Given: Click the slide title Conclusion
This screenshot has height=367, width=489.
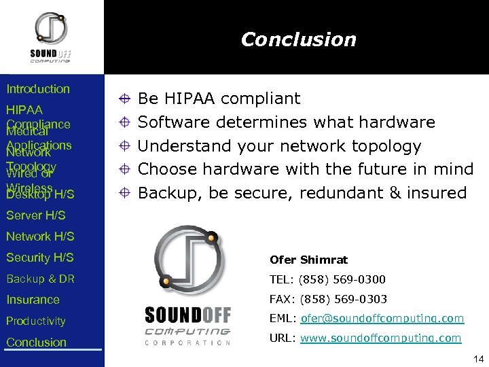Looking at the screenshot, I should point(298,39).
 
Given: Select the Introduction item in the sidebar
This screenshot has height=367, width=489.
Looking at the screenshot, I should point(38,89).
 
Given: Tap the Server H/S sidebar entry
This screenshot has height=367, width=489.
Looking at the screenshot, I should point(36,215).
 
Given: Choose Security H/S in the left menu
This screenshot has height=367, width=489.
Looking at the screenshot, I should point(40,258).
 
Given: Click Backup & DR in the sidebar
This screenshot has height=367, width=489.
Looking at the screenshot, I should point(40,279).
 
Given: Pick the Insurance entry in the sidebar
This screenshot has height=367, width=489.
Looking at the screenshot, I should point(33,300).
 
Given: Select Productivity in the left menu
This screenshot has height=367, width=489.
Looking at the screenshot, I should point(36,321).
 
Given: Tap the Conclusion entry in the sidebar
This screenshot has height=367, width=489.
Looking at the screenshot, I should point(36,342).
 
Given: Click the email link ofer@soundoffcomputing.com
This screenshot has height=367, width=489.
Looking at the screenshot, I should point(382,318).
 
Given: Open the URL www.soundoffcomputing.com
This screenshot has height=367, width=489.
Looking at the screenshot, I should point(380,338).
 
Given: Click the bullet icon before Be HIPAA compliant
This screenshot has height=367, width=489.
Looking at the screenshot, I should point(124,99).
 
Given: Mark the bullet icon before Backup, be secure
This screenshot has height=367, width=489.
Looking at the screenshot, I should point(124,193).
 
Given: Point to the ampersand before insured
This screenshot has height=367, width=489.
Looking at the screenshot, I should point(394,193).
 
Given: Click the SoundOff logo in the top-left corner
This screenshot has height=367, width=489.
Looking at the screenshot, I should point(51,37).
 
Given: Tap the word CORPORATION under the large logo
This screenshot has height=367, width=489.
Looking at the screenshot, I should point(187,342).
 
